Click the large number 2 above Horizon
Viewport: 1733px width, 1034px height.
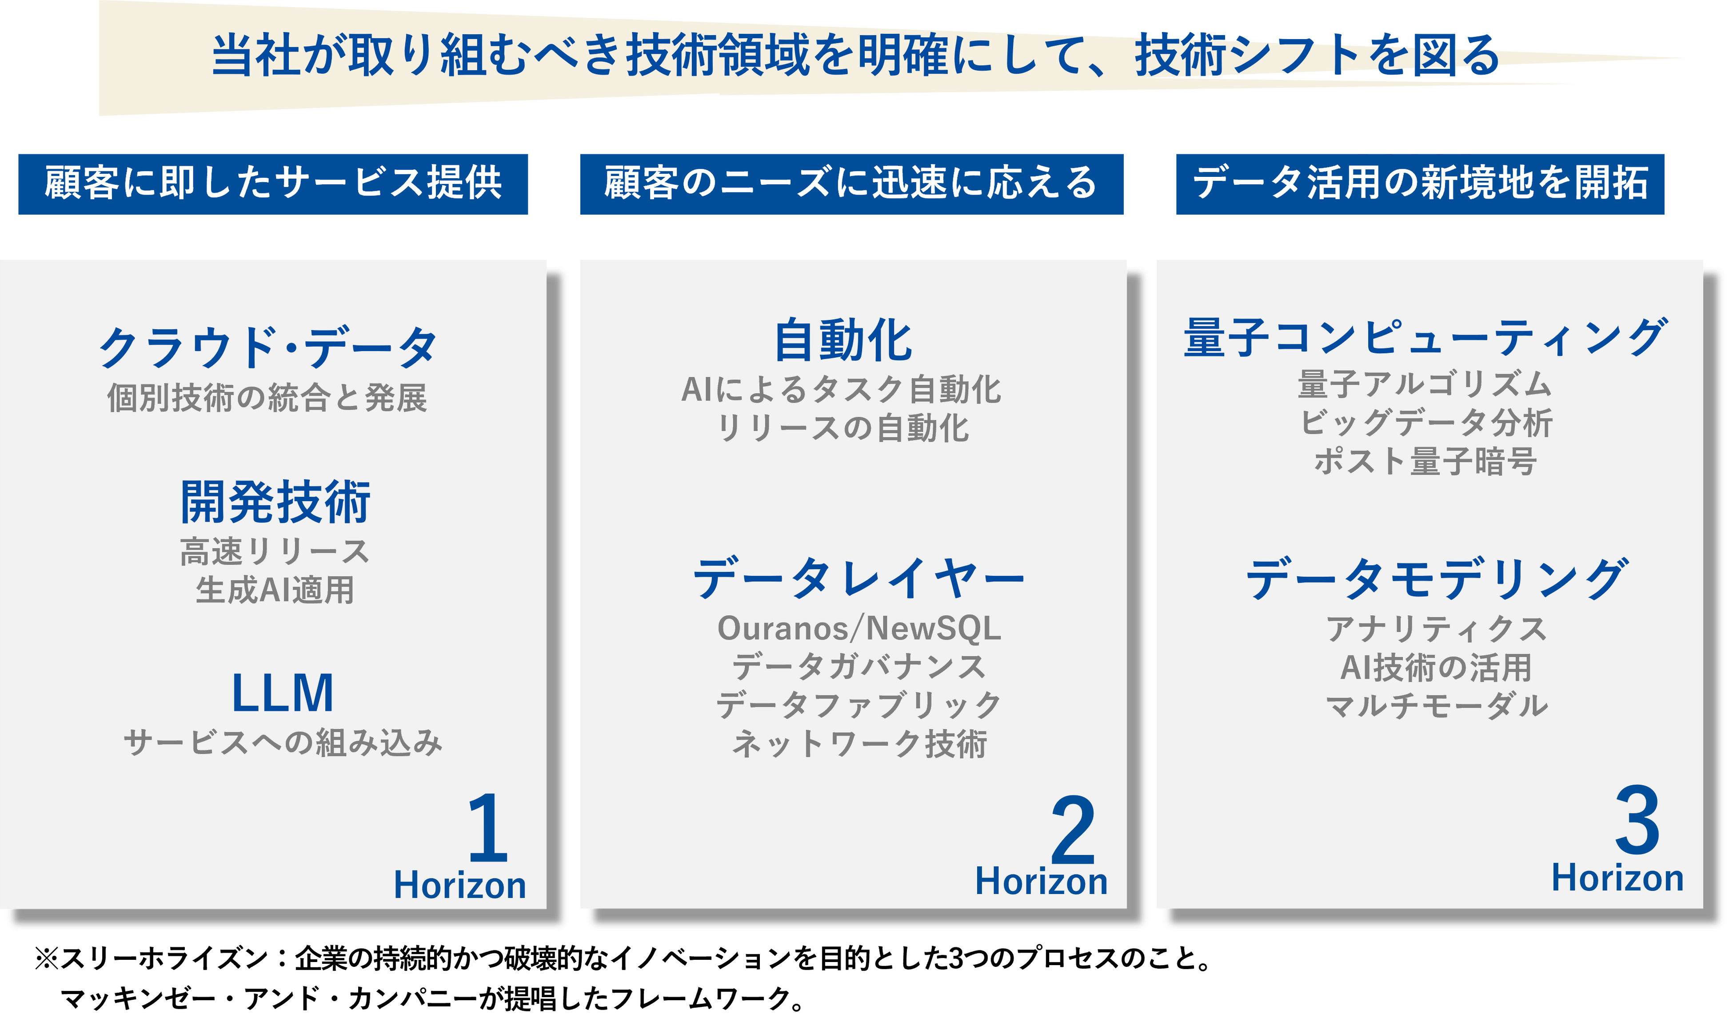click(1073, 830)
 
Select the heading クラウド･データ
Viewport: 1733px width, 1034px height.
click(268, 347)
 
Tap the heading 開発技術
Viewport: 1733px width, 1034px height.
click(275, 502)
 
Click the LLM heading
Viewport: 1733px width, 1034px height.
click(282, 693)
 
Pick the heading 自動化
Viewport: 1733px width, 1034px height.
click(843, 341)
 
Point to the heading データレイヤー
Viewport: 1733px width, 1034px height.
click(859, 578)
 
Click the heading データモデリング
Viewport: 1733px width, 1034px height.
click(1437, 578)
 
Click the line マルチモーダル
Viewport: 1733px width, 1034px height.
click(1437, 706)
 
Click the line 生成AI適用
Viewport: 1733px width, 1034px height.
click(275, 590)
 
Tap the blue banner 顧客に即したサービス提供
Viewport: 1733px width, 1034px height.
click(273, 183)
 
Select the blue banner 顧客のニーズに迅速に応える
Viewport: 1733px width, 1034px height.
click(851, 183)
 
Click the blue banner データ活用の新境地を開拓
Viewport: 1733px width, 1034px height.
click(1420, 183)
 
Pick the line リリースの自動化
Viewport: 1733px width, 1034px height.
click(843, 428)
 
